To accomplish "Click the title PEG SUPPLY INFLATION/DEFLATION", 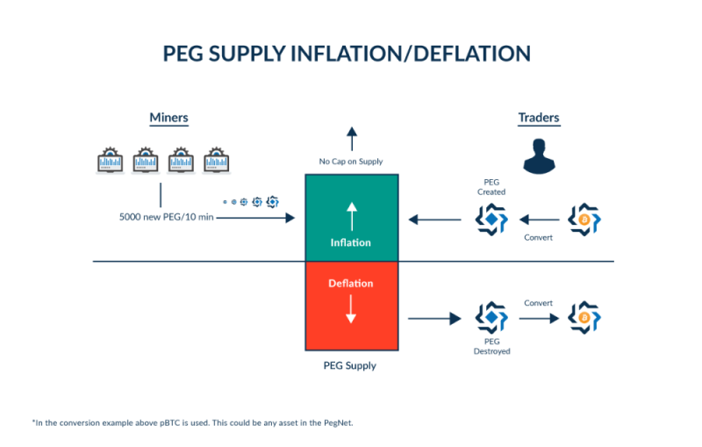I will (347, 54).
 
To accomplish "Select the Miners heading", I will (169, 118).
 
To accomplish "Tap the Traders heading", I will (539, 118).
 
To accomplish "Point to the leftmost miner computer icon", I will (111, 161).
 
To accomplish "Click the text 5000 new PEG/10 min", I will (167, 217).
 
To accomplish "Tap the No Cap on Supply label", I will (351, 162).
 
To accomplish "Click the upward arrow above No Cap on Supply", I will (351, 139).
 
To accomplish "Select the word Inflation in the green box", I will (351, 242).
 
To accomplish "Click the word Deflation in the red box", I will (351, 284).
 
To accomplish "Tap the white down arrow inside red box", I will (351, 309).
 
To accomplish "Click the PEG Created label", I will (491, 186).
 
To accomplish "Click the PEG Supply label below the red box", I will (350, 365).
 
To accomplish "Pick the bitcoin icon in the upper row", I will (583, 219).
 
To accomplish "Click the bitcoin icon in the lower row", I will (583, 317).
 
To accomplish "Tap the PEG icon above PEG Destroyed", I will (491, 317).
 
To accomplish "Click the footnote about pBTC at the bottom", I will (193, 422).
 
